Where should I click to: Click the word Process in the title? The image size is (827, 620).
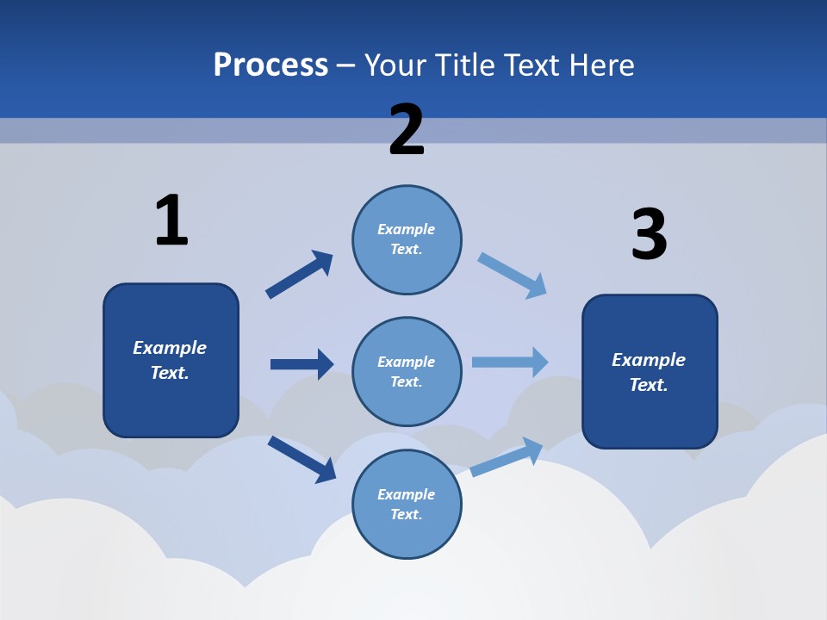click(x=270, y=65)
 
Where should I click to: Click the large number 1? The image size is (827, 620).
click(x=171, y=220)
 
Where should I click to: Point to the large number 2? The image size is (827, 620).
click(x=407, y=130)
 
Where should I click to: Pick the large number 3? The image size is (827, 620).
click(x=649, y=235)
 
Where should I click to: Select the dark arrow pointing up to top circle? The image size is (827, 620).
click(x=300, y=275)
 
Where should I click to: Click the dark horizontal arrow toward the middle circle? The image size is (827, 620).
click(x=302, y=364)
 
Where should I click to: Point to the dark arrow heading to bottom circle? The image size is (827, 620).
click(x=302, y=459)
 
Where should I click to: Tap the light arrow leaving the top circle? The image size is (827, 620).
click(x=513, y=276)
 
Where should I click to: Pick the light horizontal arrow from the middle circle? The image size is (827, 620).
click(x=510, y=362)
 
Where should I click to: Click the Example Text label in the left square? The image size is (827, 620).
click(x=170, y=360)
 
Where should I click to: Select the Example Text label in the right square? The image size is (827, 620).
click(x=649, y=372)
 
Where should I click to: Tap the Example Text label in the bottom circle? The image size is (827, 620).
click(x=406, y=505)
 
